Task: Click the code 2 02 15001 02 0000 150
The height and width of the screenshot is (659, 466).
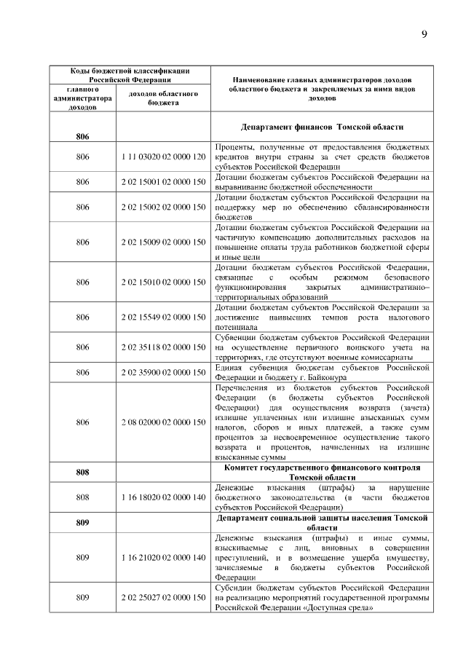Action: tap(163, 182)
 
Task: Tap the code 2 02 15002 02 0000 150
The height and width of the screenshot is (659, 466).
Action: tap(163, 207)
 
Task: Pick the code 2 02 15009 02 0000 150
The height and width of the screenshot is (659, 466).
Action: tap(163, 242)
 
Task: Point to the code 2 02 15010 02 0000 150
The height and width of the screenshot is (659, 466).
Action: tap(163, 282)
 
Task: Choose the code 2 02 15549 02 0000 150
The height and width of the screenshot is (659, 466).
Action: tap(163, 317)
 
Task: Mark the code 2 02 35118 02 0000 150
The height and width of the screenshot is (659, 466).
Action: tap(163, 347)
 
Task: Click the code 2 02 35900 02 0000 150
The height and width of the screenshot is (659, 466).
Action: tap(163, 372)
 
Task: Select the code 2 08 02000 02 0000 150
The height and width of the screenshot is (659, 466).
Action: tap(163, 422)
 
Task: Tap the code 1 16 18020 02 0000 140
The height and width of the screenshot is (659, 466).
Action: tap(163, 497)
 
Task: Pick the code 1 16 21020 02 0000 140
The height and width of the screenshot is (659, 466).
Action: tap(163, 557)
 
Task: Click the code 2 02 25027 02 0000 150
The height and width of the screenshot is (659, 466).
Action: tap(163, 597)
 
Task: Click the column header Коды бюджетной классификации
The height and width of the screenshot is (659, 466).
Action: tap(130, 75)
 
